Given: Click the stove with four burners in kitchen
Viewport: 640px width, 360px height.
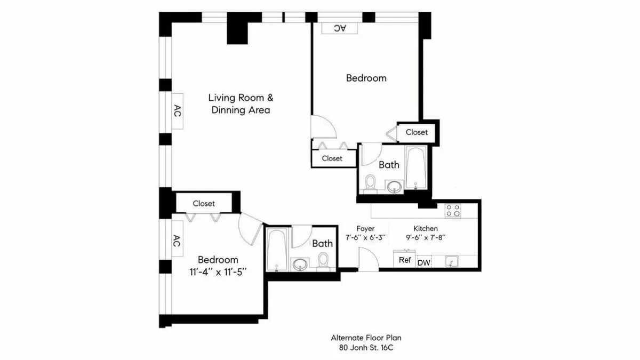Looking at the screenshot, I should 453,210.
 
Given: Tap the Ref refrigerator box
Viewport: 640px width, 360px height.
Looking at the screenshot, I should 405,260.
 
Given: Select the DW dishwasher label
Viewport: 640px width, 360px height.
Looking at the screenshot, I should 423,262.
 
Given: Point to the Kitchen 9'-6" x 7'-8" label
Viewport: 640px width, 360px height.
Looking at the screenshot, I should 425,233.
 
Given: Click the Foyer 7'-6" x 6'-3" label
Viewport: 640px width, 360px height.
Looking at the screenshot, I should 365,233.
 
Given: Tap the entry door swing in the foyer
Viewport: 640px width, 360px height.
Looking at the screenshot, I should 368,259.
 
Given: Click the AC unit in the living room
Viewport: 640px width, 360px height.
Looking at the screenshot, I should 178,111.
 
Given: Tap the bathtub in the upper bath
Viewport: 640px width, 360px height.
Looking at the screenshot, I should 415,167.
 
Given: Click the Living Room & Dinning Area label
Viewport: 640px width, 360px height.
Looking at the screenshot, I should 241,104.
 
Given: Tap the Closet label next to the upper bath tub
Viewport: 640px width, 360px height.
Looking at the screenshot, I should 417,132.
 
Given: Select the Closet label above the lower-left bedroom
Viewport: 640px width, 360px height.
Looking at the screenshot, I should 204,203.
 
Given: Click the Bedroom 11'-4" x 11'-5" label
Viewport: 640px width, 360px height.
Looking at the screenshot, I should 218,265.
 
